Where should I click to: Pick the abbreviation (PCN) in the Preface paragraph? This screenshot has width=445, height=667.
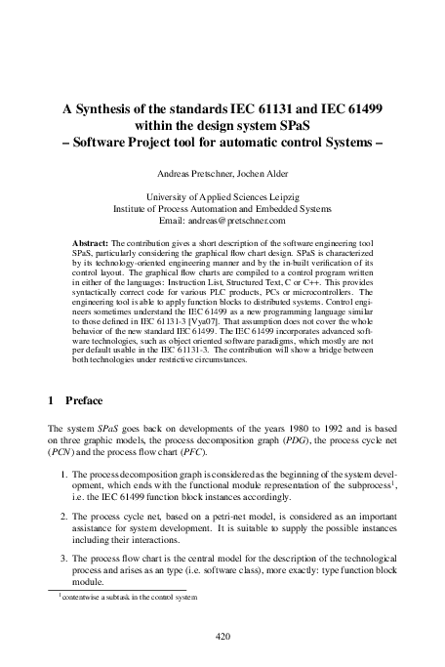(x=62, y=453)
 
